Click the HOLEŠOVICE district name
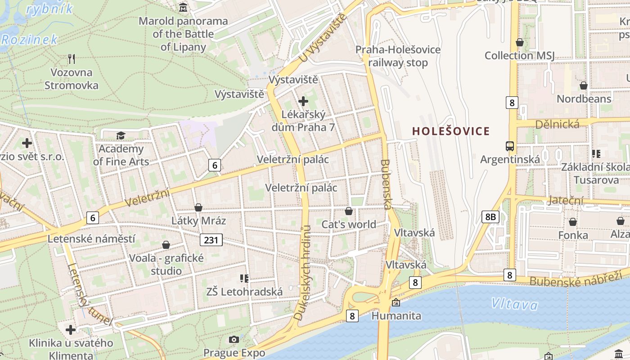[451, 131]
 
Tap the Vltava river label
[514, 304]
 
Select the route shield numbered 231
[211, 240]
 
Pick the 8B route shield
[490, 217]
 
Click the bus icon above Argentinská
[510, 146]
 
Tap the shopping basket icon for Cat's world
[349, 211]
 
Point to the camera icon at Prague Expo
[234, 339]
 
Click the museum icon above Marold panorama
[184, 8]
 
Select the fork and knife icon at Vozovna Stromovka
[71, 58]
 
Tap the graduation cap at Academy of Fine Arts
[121, 135]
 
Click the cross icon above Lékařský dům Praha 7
[303, 101]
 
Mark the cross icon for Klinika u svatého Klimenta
[71, 330]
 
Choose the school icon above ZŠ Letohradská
[244, 279]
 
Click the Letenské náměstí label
[91, 238]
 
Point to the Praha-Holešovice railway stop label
[398, 56]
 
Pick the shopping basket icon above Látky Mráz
[198, 207]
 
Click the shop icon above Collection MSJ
[520, 42]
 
